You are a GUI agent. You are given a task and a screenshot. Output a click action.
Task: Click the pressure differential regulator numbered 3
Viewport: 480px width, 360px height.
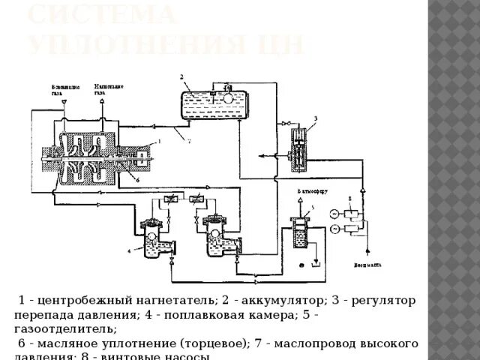click(x=298, y=151)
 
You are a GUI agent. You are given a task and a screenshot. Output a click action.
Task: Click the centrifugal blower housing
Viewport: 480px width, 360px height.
click(x=88, y=158)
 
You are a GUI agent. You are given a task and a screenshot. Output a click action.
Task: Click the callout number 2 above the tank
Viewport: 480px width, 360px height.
click(x=181, y=76)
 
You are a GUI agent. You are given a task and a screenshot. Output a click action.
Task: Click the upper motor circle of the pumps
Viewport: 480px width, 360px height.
click(x=334, y=212)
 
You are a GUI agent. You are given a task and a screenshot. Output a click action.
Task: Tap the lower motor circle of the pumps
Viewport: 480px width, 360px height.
click(x=334, y=229)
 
